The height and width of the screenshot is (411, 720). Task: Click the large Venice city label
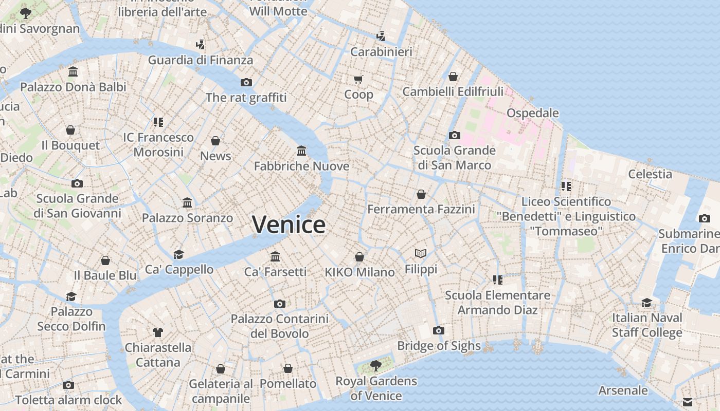pos(289,225)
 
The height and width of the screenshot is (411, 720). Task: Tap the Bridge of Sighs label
pos(439,346)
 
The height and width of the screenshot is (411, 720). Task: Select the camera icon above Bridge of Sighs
pos(439,330)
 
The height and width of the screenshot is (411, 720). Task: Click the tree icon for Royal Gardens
pos(376,365)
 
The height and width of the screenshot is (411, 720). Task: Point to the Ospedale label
pos(532,113)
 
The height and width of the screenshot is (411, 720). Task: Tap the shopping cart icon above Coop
pos(358,79)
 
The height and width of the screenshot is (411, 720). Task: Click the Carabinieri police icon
pos(381,36)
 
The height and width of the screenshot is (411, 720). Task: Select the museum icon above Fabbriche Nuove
pos(301,151)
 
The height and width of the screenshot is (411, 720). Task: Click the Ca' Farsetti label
pos(275,271)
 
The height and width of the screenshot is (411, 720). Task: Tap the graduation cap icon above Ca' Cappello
pos(178,254)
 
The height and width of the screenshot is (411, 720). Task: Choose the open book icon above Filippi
pos(421,253)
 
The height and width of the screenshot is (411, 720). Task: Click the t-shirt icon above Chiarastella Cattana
pos(158,332)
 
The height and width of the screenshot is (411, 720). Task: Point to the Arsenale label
pos(623,390)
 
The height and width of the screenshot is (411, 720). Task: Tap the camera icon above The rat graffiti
pos(246,82)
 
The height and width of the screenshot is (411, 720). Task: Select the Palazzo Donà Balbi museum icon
pos(73,71)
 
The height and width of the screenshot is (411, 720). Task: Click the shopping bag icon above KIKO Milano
pos(359,256)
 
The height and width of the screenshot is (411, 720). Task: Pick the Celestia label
pos(650,174)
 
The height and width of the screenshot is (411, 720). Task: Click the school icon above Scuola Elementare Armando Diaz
pos(497,279)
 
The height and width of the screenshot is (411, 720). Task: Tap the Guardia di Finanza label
pos(201,60)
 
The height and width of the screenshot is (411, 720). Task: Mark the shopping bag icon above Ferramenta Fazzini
pos(421,194)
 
